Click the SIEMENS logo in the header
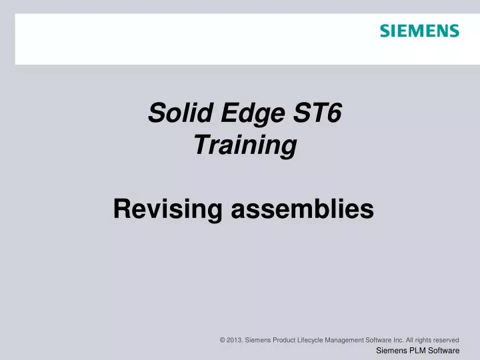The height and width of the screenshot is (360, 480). click(x=419, y=31)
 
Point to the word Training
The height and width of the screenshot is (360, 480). click(x=245, y=145)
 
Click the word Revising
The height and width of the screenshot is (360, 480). click(x=167, y=209)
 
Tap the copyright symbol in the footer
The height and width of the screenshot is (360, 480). click(x=222, y=340)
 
